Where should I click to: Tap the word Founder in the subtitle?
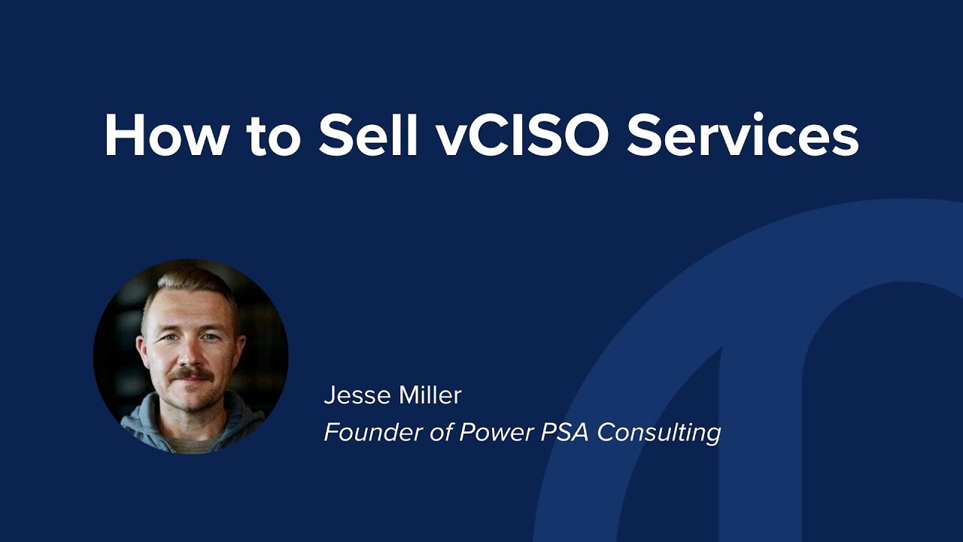coord(366,432)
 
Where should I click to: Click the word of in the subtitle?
coord(440,432)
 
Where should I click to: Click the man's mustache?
coord(191,374)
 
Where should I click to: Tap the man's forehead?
coord(188,309)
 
